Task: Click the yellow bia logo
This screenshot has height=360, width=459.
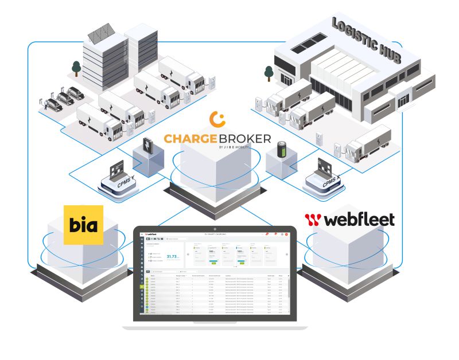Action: (x=83, y=225)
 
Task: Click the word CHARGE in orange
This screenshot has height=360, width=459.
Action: (x=194, y=138)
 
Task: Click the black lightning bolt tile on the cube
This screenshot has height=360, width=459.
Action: (x=147, y=147)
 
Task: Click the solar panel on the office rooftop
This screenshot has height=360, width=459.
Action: (x=100, y=34)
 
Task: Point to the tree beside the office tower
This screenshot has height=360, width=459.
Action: (x=76, y=68)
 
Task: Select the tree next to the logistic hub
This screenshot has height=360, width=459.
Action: (x=268, y=73)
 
